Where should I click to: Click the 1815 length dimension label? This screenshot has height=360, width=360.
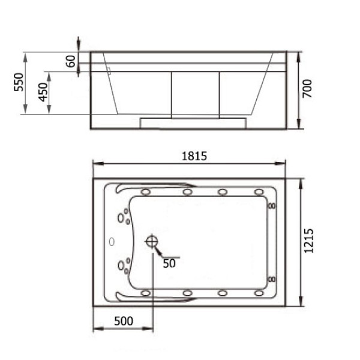tap(194, 156)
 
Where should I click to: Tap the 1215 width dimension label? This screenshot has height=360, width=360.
tap(308, 241)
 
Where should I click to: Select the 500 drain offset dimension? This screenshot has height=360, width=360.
tap(124, 321)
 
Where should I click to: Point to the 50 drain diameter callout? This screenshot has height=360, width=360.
tap(169, 263)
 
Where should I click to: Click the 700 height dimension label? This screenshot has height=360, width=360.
tap(307, 89)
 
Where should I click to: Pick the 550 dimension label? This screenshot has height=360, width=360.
tap(19, 82)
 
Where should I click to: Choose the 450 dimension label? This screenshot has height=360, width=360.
tap(43, 92)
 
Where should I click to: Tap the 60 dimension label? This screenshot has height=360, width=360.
tap(70, 61)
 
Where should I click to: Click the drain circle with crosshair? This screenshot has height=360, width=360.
tap(152, 242)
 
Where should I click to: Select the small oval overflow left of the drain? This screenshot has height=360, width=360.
tap(112, 242)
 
